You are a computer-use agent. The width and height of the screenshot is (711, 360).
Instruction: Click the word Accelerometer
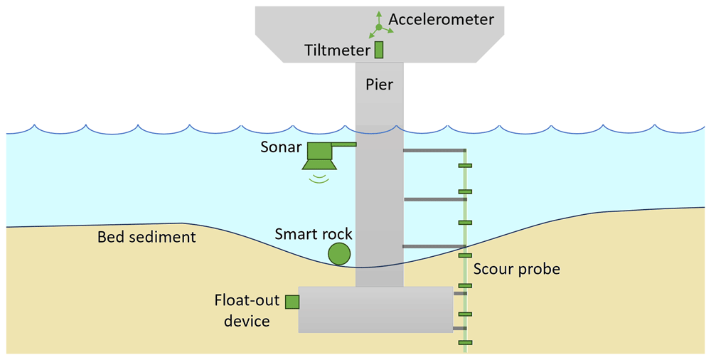coord(442,19)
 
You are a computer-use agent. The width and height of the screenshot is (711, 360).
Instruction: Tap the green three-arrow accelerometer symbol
coord(379,27)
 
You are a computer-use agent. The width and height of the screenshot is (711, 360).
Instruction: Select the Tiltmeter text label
coord(337,50)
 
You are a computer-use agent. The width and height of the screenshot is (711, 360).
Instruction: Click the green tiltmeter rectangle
coord(379,50)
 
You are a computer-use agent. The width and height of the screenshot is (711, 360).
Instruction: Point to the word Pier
coord(379,85)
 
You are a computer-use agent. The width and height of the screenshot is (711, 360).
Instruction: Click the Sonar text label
coord(281,147)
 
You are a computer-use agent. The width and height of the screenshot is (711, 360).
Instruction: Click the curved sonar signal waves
coord(319,177)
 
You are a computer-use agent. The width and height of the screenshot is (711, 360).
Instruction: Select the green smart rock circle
coord(339,254)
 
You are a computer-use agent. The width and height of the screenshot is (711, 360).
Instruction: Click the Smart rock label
coord(314,234)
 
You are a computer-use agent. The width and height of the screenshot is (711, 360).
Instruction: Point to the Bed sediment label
coord(147,237)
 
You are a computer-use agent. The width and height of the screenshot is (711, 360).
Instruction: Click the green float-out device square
coord(292,302)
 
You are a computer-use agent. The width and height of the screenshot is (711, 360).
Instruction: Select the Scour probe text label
coord(517,269)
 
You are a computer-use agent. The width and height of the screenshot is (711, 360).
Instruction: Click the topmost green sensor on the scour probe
coord(465,166)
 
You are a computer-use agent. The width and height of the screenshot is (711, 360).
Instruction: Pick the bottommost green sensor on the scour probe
coord(465,343)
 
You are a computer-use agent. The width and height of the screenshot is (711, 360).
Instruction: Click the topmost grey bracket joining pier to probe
coord(434,150)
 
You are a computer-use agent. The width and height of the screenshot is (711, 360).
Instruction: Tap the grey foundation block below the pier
coord(375,309)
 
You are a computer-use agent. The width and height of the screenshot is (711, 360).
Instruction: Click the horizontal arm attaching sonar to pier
coord(343,144)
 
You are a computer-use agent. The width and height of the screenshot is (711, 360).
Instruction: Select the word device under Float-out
coord(247,321)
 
